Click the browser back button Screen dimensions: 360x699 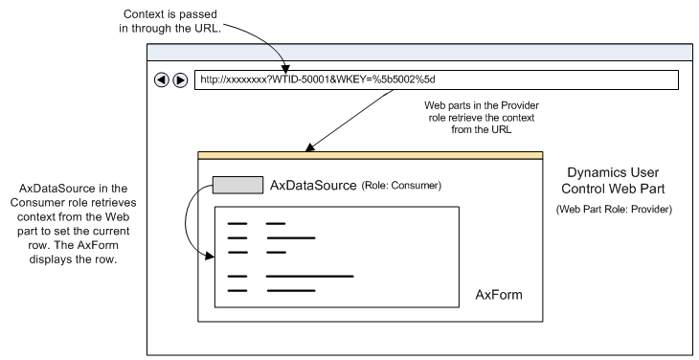161,79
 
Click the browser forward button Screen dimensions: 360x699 179,79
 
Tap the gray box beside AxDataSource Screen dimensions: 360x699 237,184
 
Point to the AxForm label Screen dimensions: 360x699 499,294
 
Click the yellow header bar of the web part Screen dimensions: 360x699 370,155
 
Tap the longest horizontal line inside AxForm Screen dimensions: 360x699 309,276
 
